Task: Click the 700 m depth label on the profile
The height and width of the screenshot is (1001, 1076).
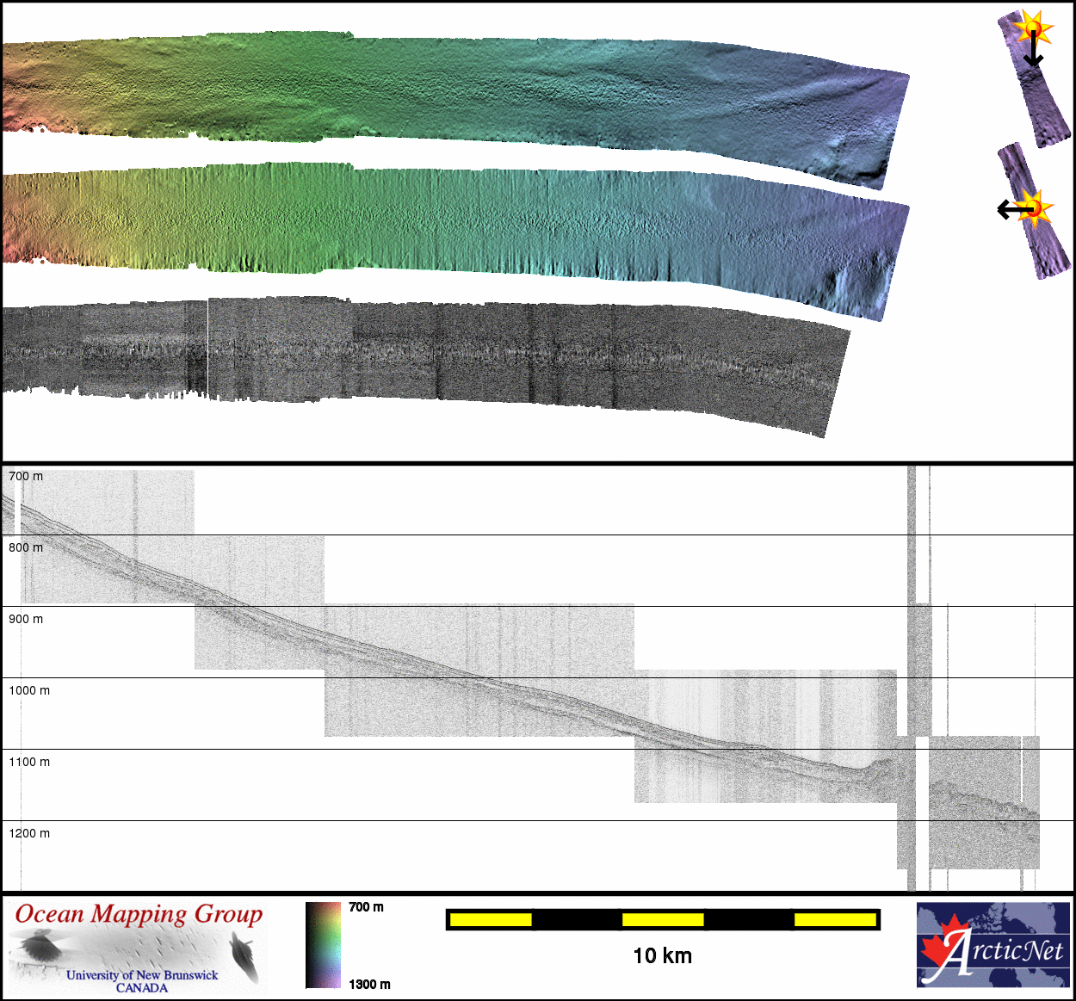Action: click(26, 476)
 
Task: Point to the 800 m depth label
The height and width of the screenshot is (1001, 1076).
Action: click(26, 547)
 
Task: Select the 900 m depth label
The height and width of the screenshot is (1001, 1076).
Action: click(26, 619)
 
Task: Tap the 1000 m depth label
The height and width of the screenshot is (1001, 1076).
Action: click(29, 690)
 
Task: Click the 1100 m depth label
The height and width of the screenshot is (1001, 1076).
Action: click(29, 762)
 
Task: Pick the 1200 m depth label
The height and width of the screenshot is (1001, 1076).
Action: click(29, 833)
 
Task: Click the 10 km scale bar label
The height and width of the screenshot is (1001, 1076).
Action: click(663, 956)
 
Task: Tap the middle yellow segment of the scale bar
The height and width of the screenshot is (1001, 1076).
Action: click(663, 920)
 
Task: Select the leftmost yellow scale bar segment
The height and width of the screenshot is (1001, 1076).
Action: click(491, 920)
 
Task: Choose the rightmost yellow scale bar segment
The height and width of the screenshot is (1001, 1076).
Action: click(836, 920)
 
